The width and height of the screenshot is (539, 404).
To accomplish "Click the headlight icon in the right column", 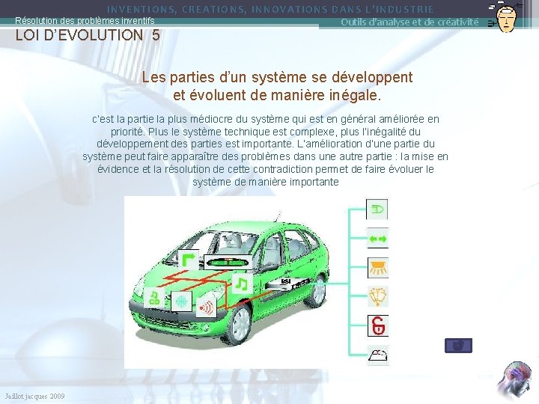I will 377,209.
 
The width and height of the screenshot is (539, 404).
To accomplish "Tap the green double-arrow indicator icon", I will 377,238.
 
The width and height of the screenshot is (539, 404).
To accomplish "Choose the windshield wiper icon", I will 377,296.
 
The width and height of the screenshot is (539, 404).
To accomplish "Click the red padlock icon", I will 377,325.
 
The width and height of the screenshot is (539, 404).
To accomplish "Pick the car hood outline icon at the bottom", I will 377,355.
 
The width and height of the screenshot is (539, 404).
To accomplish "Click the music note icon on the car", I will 241,284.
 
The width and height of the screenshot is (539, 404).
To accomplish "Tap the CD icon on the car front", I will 155,299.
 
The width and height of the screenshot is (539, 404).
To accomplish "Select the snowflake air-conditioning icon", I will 180,302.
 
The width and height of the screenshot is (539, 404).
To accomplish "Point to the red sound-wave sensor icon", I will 206,307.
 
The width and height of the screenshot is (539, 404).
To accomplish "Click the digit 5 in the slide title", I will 155,35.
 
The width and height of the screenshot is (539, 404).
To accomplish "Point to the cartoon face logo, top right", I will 507,16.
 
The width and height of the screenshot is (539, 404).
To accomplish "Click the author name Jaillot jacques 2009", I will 34,396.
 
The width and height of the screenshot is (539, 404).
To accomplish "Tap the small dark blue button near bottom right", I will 458,346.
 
